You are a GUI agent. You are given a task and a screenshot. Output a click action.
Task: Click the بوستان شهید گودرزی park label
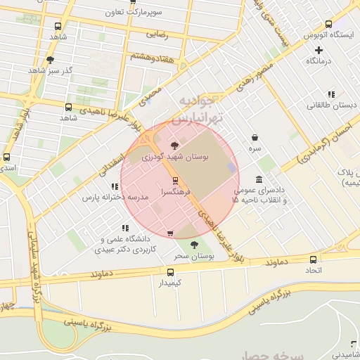pos(176,157)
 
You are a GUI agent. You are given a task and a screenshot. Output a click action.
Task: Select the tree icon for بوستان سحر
pos(194,245)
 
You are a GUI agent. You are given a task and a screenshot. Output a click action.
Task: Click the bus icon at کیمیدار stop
pos(170,272)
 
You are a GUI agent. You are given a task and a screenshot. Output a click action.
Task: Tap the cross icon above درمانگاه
pos(319,50)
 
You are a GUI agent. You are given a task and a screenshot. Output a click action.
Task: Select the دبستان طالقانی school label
pos(331,105)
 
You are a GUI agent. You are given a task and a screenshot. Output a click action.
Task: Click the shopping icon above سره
pos(255,138)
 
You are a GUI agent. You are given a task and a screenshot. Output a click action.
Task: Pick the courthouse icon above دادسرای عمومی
pos(259,179)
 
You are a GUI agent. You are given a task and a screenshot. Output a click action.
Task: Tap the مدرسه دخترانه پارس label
pos(115,198)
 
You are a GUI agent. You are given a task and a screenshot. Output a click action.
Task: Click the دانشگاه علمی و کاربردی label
pos(124,244)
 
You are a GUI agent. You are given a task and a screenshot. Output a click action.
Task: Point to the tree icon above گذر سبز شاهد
pos(50,60)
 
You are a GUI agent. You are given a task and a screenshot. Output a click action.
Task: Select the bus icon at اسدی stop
pos(7,157)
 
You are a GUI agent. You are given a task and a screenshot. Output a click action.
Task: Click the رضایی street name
pos(156,33)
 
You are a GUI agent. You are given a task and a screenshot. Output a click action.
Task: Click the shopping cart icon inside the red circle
pos(170,233)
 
